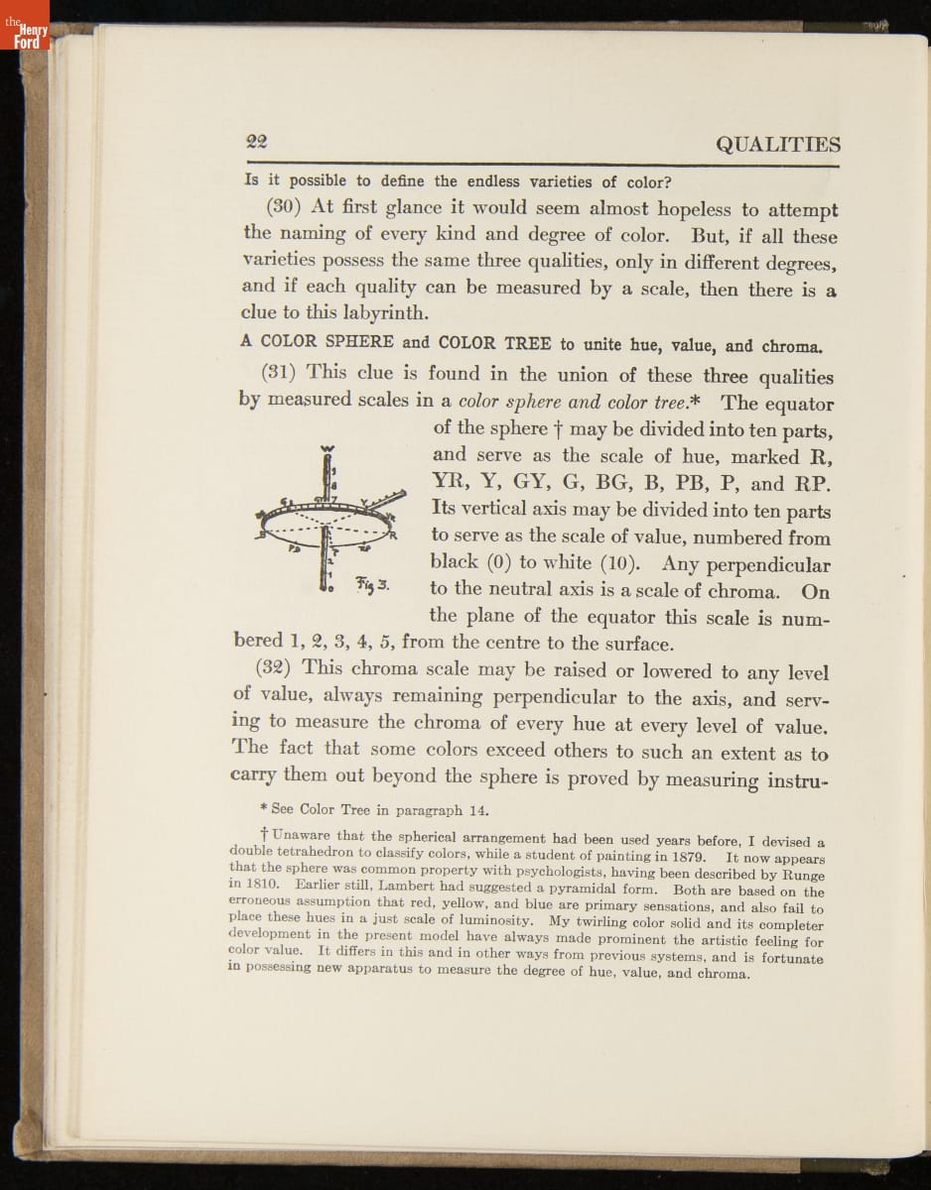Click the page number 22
point(260,141)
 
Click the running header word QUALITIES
point(777,145)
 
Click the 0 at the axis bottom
point(325,589)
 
